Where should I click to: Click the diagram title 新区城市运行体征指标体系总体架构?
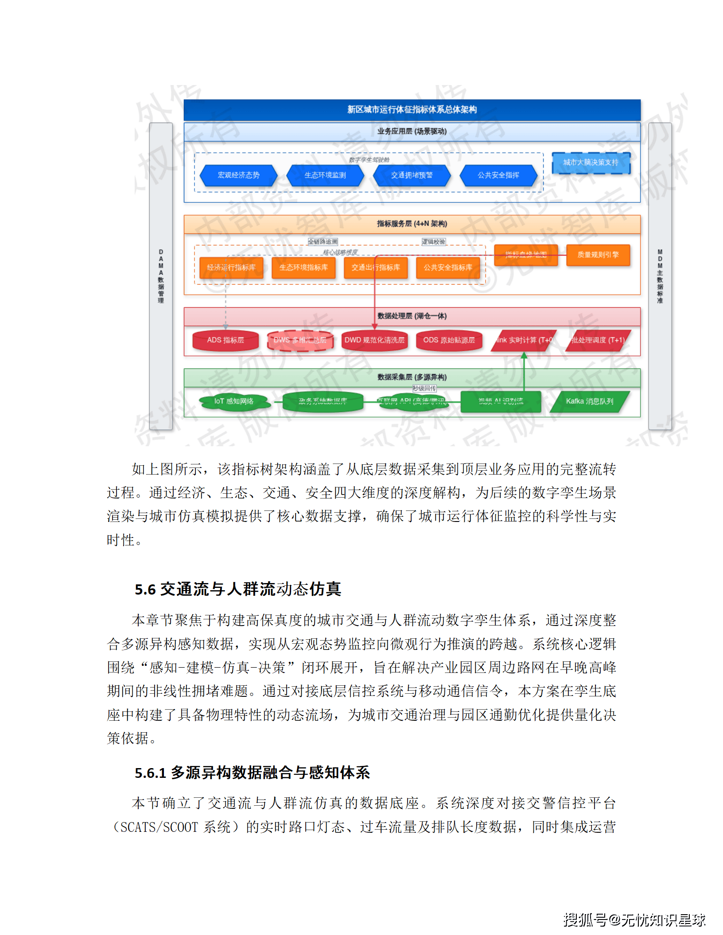[x=412, y=110]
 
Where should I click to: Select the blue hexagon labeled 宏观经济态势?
[x=238, y=175]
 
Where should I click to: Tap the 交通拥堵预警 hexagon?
[x=412, y=175]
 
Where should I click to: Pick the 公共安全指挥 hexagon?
[x=498, y=175]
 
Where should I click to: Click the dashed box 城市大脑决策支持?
[x=591, y=162]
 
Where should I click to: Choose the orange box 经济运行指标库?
[x=231, y=267]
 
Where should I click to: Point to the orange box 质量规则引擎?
[x=598, y=255]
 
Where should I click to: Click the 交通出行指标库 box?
[x=375, y=267]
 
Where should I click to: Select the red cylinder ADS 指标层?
[x=225, y=340]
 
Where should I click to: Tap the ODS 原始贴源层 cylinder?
[x=449, y=340]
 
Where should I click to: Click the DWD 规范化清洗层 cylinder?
[x=374, y=340]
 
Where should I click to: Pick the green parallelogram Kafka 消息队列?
[x=589, y=402]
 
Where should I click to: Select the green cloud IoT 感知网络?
[x=233, y=402]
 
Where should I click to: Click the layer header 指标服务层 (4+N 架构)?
[x=412, y=224]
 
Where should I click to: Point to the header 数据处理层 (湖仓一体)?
[x=412, y=316]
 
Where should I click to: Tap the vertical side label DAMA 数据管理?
[x=161, y=276]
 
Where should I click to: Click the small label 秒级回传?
[x=424, y=388]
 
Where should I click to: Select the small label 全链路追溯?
[x=323, y=242]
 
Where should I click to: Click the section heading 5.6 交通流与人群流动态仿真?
[x=238, y=589]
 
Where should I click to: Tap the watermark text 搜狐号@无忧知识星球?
[x=634, y=920]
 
